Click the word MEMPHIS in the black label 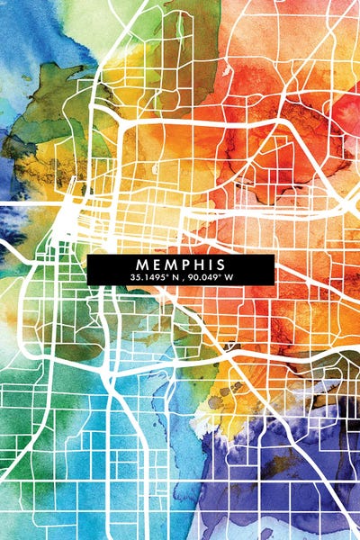181,264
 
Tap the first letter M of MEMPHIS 142,264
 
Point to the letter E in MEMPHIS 155,264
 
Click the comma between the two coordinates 186,279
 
